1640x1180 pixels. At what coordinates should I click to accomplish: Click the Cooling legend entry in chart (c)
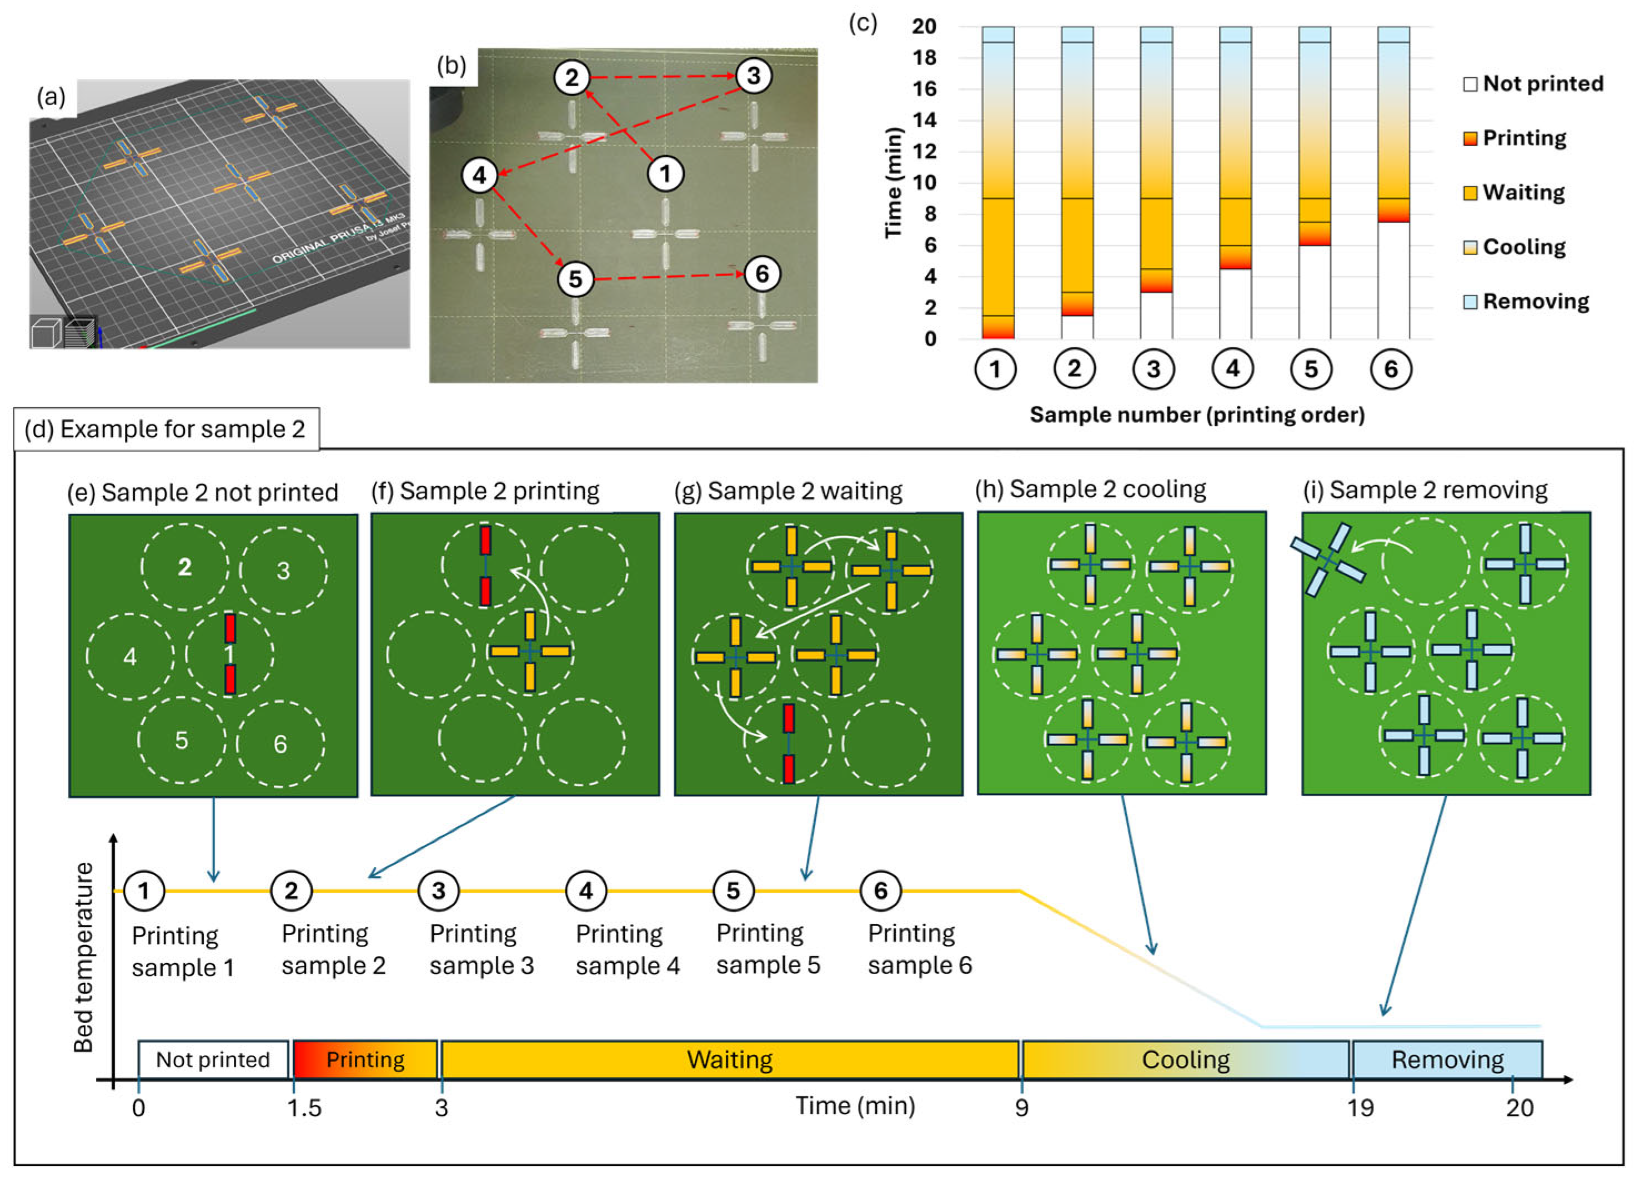(x=1523, y=247)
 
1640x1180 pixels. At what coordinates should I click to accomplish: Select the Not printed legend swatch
(x=1470, y=84)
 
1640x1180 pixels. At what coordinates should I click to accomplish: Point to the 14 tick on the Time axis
(x=924, y=120)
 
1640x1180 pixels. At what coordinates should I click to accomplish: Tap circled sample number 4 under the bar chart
(x=1232, y=369)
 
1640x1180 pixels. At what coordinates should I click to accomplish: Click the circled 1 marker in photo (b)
(x=665, y=174)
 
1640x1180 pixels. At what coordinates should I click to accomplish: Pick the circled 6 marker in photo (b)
(x=761, y=274)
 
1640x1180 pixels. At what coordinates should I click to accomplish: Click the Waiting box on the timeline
(x=730, y=1060)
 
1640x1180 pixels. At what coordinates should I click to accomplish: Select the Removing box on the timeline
(x=1447, y=1060)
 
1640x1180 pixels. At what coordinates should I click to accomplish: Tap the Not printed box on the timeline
(x=213, y=1060)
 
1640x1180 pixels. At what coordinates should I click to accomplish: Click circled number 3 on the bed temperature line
(x=439, y=891)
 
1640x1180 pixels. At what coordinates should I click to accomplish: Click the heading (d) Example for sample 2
(x=165, y=429)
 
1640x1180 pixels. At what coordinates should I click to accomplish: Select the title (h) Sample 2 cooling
(x=1090, y=490)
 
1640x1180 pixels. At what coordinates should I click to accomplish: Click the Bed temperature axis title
(x=84, y=957)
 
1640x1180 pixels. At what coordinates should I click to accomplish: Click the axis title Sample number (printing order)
(x=1197, y=414)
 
